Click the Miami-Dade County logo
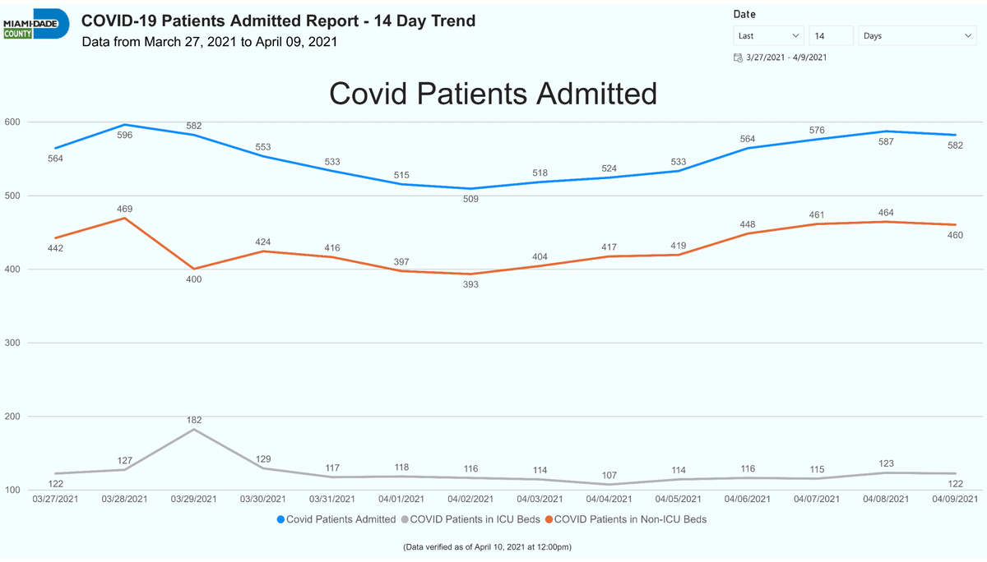point(36,25)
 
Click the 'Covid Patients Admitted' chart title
point(493,94)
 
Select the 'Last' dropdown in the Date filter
point(768,35)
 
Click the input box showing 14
point(831,35)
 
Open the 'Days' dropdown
point(917,35)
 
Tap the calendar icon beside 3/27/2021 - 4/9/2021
point(738,58)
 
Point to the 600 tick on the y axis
point(12,122)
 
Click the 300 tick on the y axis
point(12,343)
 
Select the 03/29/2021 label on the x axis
point(194,499)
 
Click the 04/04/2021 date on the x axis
point(609,499)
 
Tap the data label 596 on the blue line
point(125,135)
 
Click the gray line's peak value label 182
point(194,420)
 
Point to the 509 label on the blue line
point(470,199)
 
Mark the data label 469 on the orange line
point(125,209)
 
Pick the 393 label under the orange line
point(470,284)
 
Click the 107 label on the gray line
point(609,475)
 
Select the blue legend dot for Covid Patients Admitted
point(280,519)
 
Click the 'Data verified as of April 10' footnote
point(487,547)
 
